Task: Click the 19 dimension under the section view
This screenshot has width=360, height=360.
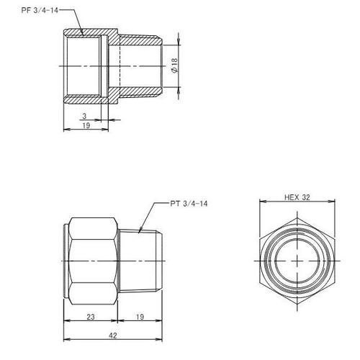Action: pyautogui.click(x=85, y=125)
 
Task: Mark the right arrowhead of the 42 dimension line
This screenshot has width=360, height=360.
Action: pyautogui.click(x=160, y=338)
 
